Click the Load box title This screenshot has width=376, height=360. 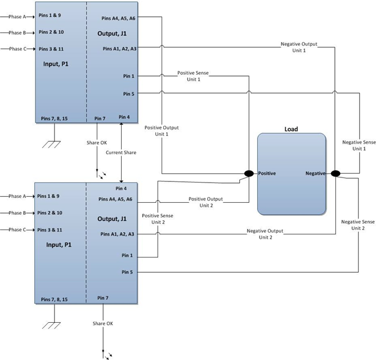291,129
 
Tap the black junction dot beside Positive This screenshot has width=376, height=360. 249,174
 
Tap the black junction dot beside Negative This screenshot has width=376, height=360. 335,174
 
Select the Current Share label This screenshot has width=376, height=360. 121,153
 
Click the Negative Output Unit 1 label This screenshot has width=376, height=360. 299,47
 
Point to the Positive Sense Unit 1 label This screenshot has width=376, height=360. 193,76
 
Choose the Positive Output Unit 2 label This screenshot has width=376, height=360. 206,202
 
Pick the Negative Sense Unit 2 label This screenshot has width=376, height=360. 358,225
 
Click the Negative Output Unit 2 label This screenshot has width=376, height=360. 265,234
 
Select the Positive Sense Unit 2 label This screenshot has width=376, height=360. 158,219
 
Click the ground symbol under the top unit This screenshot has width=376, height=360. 51,144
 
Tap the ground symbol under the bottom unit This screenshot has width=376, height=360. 51,326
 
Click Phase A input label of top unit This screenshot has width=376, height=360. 17,17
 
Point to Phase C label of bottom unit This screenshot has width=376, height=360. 17,230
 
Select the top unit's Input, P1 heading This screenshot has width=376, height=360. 56,64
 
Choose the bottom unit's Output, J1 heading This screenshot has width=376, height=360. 112,219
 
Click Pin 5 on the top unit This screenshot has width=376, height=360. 129,94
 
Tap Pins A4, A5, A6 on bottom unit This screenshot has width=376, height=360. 115,199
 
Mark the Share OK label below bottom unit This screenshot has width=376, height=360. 103,323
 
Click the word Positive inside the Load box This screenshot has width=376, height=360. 267,174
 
